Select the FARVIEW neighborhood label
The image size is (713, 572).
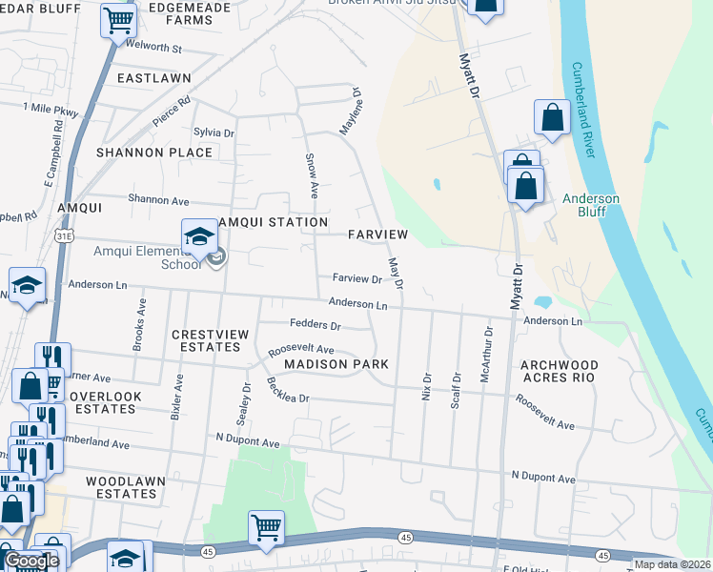(x=377, y=235)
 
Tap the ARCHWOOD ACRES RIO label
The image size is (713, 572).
(x=558, y=372)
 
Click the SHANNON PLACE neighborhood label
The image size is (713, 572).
(x=154, y=153)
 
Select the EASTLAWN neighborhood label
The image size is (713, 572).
(x=154, y=77)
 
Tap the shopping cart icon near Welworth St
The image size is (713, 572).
(x=118, y=19)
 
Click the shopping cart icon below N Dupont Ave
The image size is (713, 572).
(x=266, y=526)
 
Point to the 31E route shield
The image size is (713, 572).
(x=65, y=233)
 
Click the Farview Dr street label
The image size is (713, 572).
(x=356, y=279)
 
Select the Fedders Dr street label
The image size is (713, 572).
(x=316, y=325)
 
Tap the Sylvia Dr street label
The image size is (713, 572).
(x=214, y=133)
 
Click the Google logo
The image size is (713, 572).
(x=31, y=561)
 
